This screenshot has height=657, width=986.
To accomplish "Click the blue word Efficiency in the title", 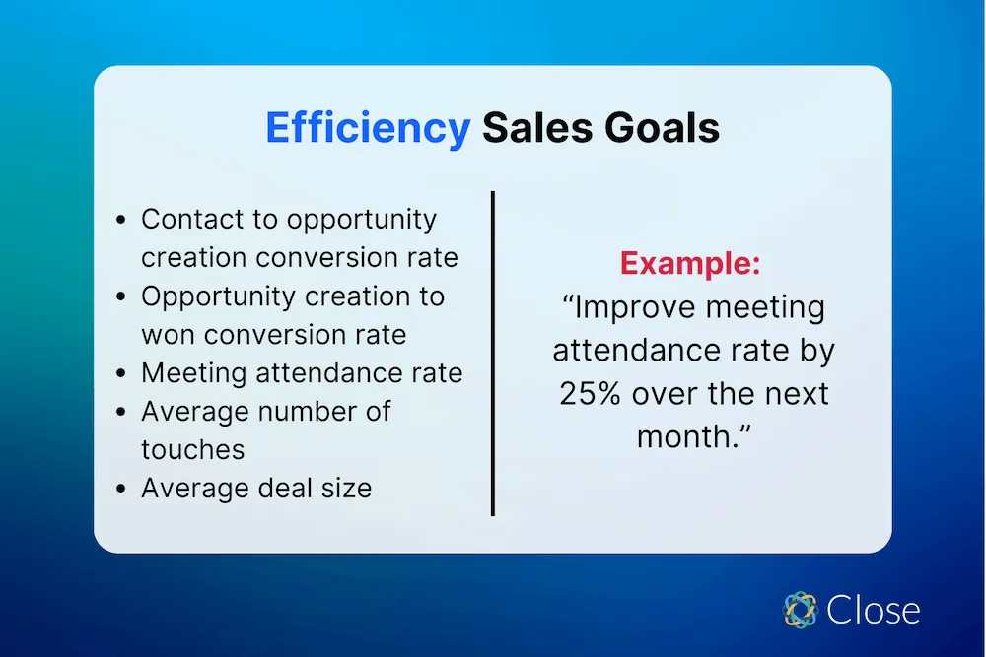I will tap(367, 129).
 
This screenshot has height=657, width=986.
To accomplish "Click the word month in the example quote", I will tap(681, 435).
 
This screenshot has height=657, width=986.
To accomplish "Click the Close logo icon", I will tap(801, 610).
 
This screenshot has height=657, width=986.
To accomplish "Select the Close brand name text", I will tap(874, 611).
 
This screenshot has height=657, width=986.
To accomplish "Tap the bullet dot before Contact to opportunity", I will tap(120, 221).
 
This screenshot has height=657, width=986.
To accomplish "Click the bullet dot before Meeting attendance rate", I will tap(120, 374).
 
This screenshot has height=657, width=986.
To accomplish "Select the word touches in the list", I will tap(192, 449).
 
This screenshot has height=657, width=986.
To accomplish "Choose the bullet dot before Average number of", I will tap(120, 413).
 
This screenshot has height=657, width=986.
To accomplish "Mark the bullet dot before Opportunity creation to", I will tap(120, 297).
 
